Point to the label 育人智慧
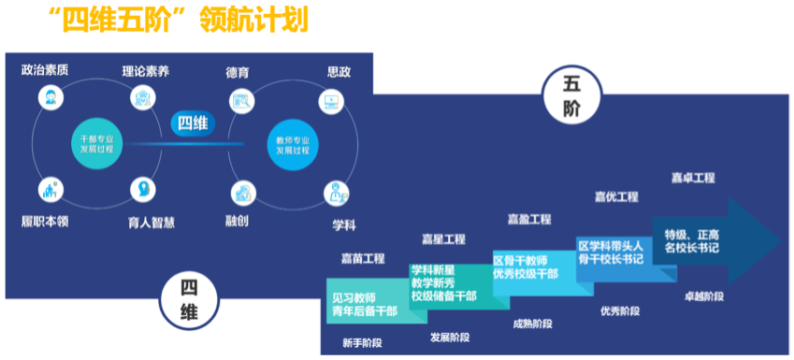click(151, 223)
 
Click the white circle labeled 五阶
click(572, 96)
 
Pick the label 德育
click(238, 71)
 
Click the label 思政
click(339, 71)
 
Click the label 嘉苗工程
click(363, 258)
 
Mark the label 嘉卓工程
click(693, 177)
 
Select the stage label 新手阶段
click(363, 342)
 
